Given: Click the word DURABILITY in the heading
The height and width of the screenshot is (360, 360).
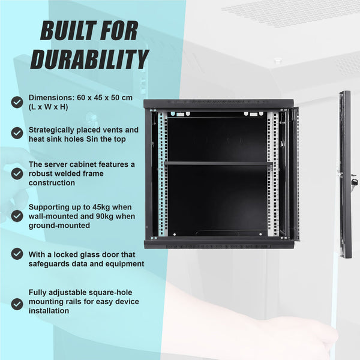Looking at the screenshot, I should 89,59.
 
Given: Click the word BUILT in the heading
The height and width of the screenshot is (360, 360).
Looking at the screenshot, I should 67,30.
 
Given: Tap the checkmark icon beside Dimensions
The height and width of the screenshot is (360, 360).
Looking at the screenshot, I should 17,102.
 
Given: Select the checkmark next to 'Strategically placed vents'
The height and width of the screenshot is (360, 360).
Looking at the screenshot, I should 17,134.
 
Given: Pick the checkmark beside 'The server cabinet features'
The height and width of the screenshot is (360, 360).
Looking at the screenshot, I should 17,173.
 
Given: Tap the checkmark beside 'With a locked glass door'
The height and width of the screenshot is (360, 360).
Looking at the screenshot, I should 17,254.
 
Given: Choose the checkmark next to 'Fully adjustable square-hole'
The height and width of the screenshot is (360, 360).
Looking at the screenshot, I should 17,304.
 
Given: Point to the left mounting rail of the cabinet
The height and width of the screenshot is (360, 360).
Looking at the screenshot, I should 162,174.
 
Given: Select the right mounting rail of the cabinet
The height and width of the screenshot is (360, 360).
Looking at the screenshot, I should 274,174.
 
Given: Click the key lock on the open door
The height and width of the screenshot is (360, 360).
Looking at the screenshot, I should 354,180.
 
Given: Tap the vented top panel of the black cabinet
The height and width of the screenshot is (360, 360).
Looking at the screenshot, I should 218,103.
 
